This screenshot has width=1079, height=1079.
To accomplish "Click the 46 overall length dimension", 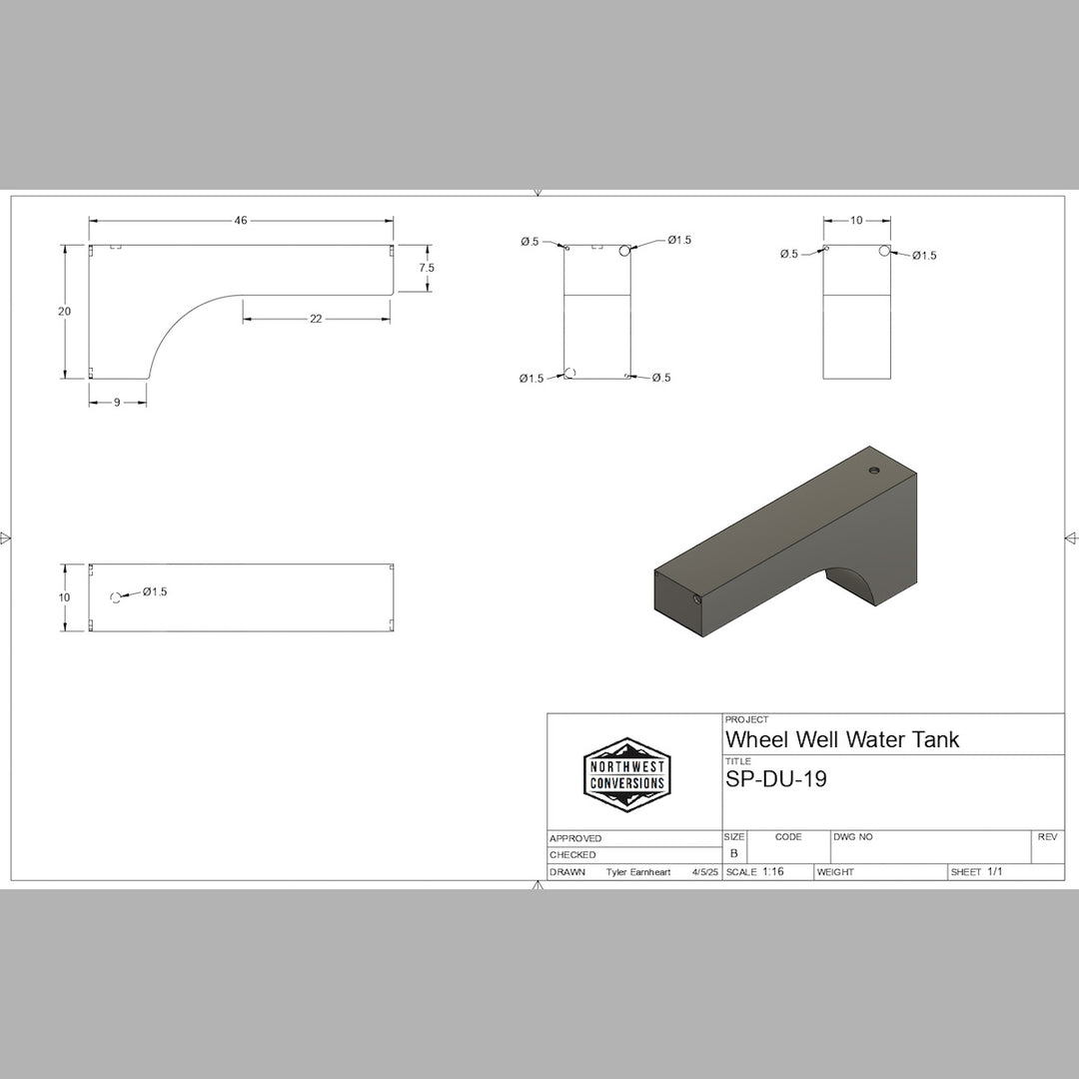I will [x=241, y=221].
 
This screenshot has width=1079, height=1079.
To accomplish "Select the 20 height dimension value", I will [x=65, y=312].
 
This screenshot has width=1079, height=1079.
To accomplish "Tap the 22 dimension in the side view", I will [x=316, y=319].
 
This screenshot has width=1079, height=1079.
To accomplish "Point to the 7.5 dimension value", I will [x=427, y=268].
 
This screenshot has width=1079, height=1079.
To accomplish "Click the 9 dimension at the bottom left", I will [x=117, y=403].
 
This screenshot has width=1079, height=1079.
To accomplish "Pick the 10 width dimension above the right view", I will [x=856, y=221].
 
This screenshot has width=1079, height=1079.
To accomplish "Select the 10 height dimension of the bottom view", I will [x=65, y=597].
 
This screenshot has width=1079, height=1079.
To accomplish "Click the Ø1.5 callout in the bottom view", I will [x=155, y=591].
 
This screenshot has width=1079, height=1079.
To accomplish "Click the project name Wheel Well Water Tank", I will [x=841, y=739].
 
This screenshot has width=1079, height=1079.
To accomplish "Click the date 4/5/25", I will [x=704, y=872].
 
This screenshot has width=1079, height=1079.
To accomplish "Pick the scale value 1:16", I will [x=772, y=871].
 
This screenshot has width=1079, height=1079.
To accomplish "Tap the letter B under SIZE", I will [x=733, y=854].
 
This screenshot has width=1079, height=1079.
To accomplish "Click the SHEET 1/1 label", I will [x=976, y=872].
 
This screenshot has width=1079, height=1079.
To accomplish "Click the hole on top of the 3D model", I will [x=874, y=470].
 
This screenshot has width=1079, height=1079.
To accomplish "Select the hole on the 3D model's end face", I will [x=694, y=598].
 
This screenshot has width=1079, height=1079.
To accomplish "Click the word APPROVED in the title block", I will [x=575, y=838].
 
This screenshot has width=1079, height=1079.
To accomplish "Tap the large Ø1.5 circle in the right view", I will [x=884, y=251].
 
